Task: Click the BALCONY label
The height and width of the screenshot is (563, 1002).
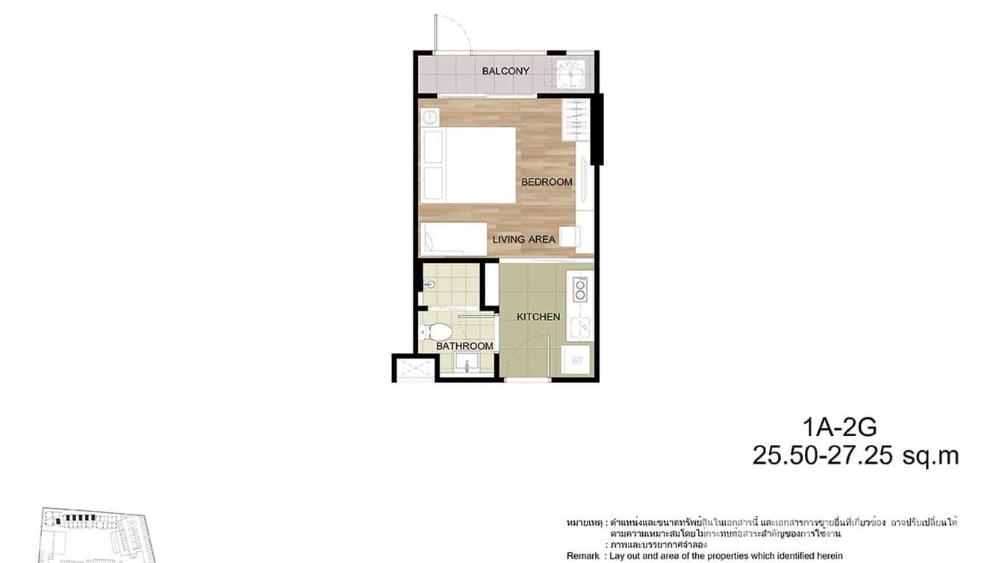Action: click(505, 71)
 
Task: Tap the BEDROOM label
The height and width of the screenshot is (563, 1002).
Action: click(547, 181)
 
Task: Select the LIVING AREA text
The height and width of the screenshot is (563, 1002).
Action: click(523, 240)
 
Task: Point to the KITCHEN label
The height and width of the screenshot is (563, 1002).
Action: click(538, 317)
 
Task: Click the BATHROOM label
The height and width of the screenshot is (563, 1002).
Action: click(464, 346)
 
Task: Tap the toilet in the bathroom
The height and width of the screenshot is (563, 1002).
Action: click(438, 332)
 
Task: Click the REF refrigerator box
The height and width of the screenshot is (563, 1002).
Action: click(577, 360)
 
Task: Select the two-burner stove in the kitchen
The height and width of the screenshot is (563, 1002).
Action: click(579, 288)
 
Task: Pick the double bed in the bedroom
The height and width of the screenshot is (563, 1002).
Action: click(468, 165)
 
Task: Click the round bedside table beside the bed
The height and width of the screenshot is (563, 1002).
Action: click(429, 116)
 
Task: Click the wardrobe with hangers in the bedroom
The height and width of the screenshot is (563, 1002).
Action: click(575, 119)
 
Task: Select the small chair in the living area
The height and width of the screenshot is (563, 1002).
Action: click(569, 236)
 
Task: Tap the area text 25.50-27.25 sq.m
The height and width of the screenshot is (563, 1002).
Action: click(855, 455)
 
